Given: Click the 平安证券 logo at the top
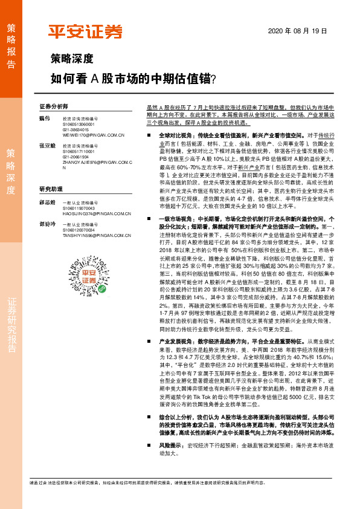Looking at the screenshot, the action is pyautogui.click(x=86, y=32).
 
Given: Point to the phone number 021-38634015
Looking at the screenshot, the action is pyautogui.click(x=76, y=129).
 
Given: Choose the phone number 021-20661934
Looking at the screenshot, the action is pyautogui.click(x=76, y=155).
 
